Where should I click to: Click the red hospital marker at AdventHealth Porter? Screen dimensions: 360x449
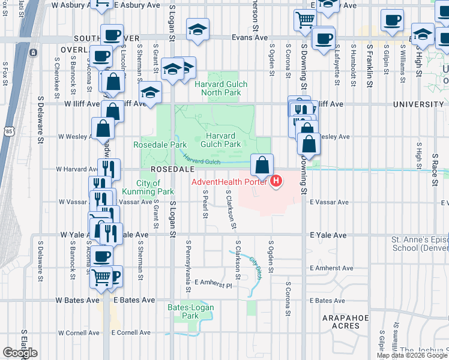276,181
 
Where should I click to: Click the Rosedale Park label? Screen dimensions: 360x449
160,145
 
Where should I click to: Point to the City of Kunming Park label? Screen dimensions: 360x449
148,187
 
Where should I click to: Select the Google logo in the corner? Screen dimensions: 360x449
20,353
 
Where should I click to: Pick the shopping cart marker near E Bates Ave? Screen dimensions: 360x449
101,278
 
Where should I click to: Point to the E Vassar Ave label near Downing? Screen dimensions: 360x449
329,203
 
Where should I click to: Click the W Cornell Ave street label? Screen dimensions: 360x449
79,332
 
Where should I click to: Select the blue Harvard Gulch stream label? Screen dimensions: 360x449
202,160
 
